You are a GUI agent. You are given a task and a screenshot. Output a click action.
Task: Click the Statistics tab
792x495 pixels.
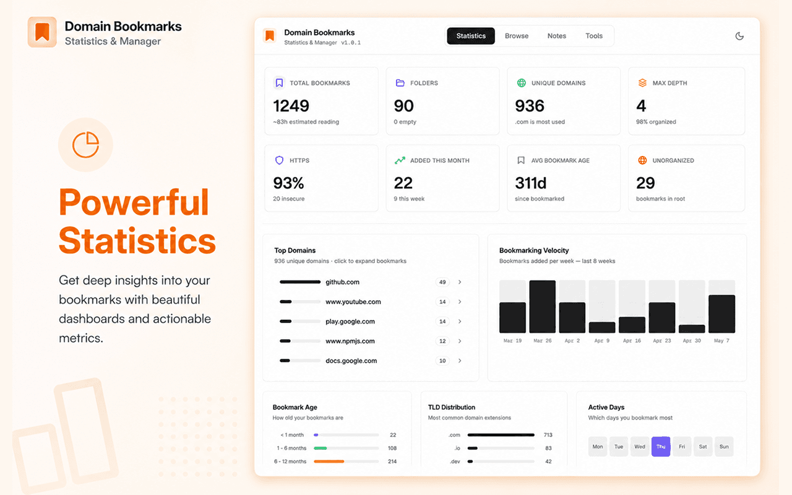pos(471,36)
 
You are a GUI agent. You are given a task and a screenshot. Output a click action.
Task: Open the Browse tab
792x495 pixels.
pos(517,36)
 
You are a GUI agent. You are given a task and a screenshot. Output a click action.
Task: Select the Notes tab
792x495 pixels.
pos(556,36)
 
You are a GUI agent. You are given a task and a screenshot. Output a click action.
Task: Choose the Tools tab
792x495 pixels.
pos(593,36)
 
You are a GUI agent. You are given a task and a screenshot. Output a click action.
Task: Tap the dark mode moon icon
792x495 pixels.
pos(739,36)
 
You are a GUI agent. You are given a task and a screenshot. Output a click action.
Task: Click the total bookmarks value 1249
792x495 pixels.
pos(291,106)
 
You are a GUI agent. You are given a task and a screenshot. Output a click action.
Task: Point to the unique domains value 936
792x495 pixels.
pos(529,106)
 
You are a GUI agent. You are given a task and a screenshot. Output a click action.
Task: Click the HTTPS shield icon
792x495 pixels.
pos(279,160)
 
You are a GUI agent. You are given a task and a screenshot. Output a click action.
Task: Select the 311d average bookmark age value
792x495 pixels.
pos(530,183)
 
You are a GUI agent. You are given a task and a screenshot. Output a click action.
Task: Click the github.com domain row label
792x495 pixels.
pos(342,282)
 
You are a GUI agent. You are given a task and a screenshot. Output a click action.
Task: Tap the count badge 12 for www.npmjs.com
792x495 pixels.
pos(442,341)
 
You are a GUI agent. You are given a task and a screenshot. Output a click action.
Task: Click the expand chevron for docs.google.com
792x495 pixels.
pos(460,361)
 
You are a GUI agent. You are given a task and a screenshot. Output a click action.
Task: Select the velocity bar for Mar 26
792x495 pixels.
pos(543,306)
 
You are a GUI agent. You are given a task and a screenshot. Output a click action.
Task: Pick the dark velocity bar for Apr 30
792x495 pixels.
pos(692,329)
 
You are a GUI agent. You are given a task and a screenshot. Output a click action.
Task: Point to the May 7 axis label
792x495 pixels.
pos(721,340)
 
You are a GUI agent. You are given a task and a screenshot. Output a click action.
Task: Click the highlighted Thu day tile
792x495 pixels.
pos(660,446)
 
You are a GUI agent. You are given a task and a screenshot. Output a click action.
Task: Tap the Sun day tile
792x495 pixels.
pos(724,446)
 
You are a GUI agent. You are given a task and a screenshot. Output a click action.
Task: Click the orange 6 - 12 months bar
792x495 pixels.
pos(329,462)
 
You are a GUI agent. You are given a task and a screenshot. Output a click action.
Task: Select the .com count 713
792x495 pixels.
pos(548,435)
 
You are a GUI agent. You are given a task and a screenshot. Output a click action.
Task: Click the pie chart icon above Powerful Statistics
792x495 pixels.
pos(85,145)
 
